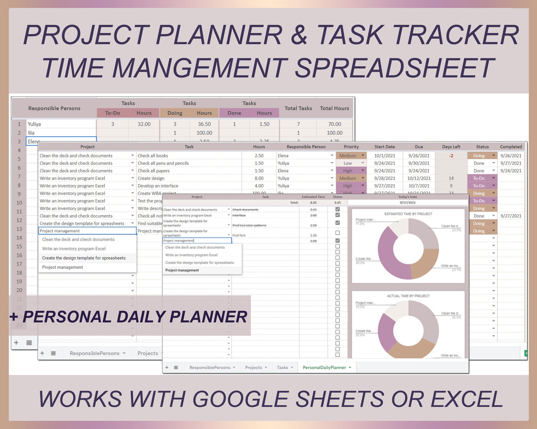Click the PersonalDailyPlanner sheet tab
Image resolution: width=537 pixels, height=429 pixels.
(324, 368)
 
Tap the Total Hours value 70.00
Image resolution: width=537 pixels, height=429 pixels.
(334, 124)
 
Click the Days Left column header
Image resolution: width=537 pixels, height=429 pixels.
(451, 147)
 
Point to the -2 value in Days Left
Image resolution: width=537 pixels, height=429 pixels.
(451, 156)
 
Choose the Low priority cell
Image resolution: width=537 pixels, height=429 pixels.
(348, 163)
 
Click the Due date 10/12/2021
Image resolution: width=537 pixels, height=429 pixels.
(419, 178)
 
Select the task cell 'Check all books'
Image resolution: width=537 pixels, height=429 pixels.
(153, 156)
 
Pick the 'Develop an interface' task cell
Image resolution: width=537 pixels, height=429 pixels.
(158, 186)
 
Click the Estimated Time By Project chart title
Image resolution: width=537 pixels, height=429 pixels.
(408, 214)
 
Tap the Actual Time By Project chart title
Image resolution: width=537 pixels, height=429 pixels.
(408, 296)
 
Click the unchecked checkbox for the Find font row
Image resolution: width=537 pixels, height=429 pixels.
(337, 233)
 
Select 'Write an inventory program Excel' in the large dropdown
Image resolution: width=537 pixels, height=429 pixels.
(74, 249)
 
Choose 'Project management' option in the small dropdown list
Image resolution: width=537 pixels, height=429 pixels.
(182, 270)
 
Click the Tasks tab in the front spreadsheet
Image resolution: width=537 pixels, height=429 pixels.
(282, 368)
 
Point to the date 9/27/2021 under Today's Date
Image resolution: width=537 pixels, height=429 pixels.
(407, 203)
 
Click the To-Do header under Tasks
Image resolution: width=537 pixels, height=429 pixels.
(112, 113)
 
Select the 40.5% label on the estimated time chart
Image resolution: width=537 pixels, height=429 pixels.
(360, 263)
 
